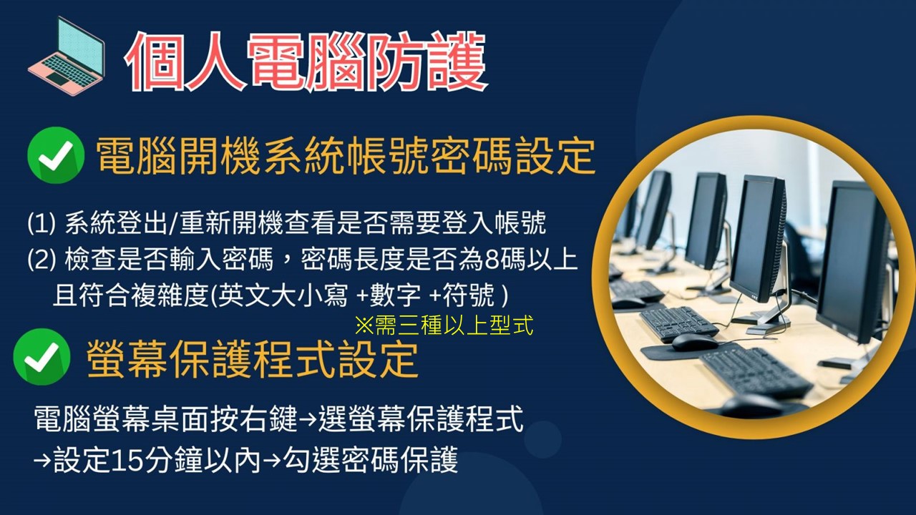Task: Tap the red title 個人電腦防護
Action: coord(306,62)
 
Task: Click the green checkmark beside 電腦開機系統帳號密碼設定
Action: coord(56,155)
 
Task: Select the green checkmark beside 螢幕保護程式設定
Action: coord(42,357)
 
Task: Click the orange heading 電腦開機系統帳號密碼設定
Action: coord(346,156)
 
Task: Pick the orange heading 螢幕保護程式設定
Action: coord(253,360)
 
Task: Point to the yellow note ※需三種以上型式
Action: coord(444,325)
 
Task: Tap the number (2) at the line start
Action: coord(42,260)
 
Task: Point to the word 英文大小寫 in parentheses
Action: coord(283,295)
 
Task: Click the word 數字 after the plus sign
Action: coord(395,295)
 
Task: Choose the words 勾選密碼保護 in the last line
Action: coord(371,460)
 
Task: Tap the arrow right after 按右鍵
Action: coord(307,419)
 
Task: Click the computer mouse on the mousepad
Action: coord(694,343)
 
